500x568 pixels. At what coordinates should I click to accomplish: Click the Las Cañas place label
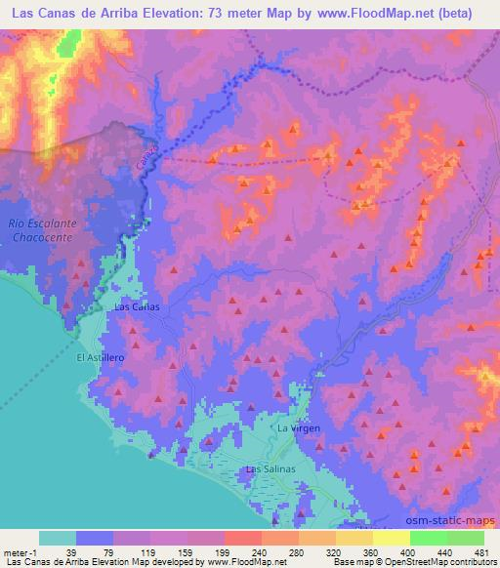pos(137,306)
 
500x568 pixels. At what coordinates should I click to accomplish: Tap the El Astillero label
pos(102,357)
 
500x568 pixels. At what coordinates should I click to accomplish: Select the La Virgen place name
pos(299,427)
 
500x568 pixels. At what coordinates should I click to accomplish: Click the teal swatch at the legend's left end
pos(58,537)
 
